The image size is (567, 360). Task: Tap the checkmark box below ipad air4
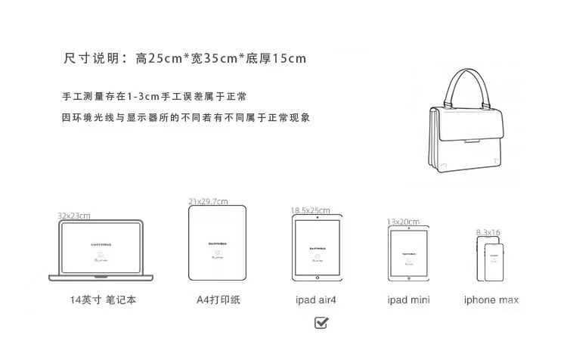pyautogui.click(x=321, y=323)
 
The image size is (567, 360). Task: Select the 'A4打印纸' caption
pyautogui.click(x=218, y=300)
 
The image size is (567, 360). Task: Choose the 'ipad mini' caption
pyautogui.click(x=408, y=300)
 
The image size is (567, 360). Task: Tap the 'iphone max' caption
pyautogui.click(x=491, y=300)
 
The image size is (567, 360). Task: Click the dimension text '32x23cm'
pyautogui.click(x=74, y=216)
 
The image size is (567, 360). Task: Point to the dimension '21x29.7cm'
pyautogui.click(x=209, y=201)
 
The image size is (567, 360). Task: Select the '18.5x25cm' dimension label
pyautogui.click(x=310, y=210)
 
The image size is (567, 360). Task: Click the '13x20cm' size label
pyautogui.click(x=402, y=222)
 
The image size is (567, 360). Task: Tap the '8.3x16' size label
pyautogui.click(x=488, y=231)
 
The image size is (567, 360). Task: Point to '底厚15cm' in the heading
pyautogui.click(x=274, y=58)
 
